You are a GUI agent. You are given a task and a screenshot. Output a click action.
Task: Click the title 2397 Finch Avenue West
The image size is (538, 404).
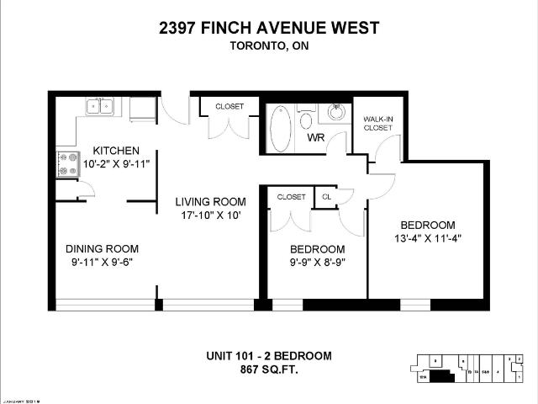[269, 28]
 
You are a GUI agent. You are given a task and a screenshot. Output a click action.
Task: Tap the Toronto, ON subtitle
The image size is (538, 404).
[269, 47]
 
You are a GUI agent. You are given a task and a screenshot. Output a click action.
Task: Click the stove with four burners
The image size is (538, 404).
[66, 162]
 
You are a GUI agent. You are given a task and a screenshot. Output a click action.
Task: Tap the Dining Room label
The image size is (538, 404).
[102, 248]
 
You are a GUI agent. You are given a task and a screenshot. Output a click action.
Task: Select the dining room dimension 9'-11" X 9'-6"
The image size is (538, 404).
[102, 262]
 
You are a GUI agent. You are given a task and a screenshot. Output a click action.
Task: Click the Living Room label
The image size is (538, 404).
[210, 201]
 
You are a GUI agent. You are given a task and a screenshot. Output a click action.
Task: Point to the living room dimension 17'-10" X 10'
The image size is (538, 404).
[210, 215]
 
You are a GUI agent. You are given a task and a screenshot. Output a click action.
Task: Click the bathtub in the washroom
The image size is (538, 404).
[281, 128]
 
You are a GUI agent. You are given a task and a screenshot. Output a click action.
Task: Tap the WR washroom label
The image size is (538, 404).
[316, 137]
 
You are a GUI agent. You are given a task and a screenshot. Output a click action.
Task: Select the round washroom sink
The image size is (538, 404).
[336, 112]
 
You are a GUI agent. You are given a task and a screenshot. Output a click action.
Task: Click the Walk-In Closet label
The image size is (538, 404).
[377, 124]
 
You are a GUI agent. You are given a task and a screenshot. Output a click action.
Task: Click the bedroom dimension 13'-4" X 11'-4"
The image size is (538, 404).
[427, 238]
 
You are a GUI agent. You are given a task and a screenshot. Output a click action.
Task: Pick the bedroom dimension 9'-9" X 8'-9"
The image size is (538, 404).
[317, 263]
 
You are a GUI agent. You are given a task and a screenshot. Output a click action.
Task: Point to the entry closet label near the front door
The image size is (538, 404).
[229, 107]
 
